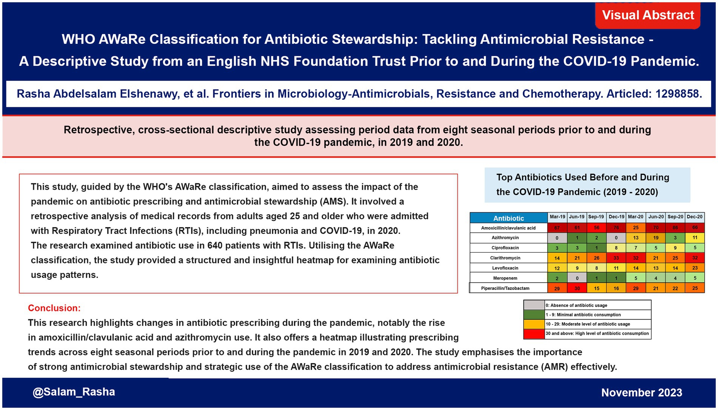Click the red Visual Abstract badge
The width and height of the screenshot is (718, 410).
tap(647, 15)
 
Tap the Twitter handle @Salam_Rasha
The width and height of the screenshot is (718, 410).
tap(74, 392)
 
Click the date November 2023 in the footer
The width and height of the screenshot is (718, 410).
tap(641, 393)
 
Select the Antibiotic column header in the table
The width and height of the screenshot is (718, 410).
tap(508, 218)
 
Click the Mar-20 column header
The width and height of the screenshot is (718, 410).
tap(635, 217)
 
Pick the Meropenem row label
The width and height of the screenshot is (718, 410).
tap(505, 278)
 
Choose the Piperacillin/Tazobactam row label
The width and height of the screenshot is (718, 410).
tap(505, 288)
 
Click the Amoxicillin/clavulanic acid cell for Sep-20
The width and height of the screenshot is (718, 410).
tap(675, 227)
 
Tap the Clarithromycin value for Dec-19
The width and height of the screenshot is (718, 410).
tap(616, 258)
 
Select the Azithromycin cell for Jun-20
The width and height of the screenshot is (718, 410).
tap(656, 238)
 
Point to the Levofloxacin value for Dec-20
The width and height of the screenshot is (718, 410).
tap(695, 268)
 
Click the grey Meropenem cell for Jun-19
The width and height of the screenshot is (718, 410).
tap(577, 278)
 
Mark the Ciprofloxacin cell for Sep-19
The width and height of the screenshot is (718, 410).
tap(596, 248)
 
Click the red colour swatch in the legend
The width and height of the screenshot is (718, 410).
tap(534, 334)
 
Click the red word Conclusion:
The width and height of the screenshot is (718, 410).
tap(54, 308)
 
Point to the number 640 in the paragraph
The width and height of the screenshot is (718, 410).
tap(215, 246)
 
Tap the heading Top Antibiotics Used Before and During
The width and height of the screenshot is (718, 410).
tap(582, 177)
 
